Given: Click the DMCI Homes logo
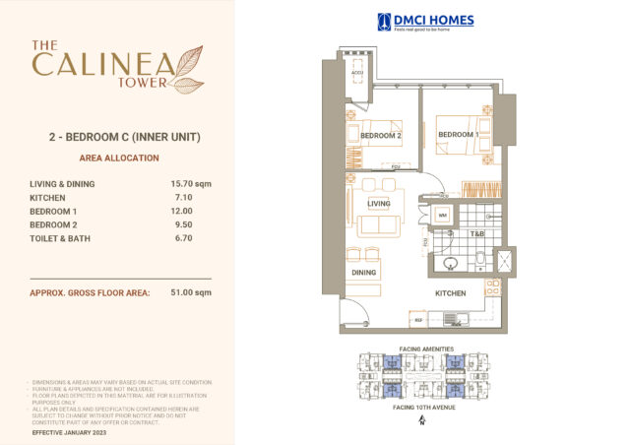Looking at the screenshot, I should point(425,21).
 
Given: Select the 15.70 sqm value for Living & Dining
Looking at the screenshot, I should point(191,183).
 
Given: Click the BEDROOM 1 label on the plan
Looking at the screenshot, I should point(458,135).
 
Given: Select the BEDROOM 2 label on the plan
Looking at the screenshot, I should point(380,136).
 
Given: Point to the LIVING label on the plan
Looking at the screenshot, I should point(380,204).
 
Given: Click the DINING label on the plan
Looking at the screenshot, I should point(364,273).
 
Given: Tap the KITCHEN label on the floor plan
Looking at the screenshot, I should point(451,293).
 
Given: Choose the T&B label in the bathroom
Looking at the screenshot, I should point(476,234).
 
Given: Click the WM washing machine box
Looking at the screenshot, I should point(443,215).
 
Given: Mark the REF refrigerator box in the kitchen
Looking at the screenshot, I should point(418,320).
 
